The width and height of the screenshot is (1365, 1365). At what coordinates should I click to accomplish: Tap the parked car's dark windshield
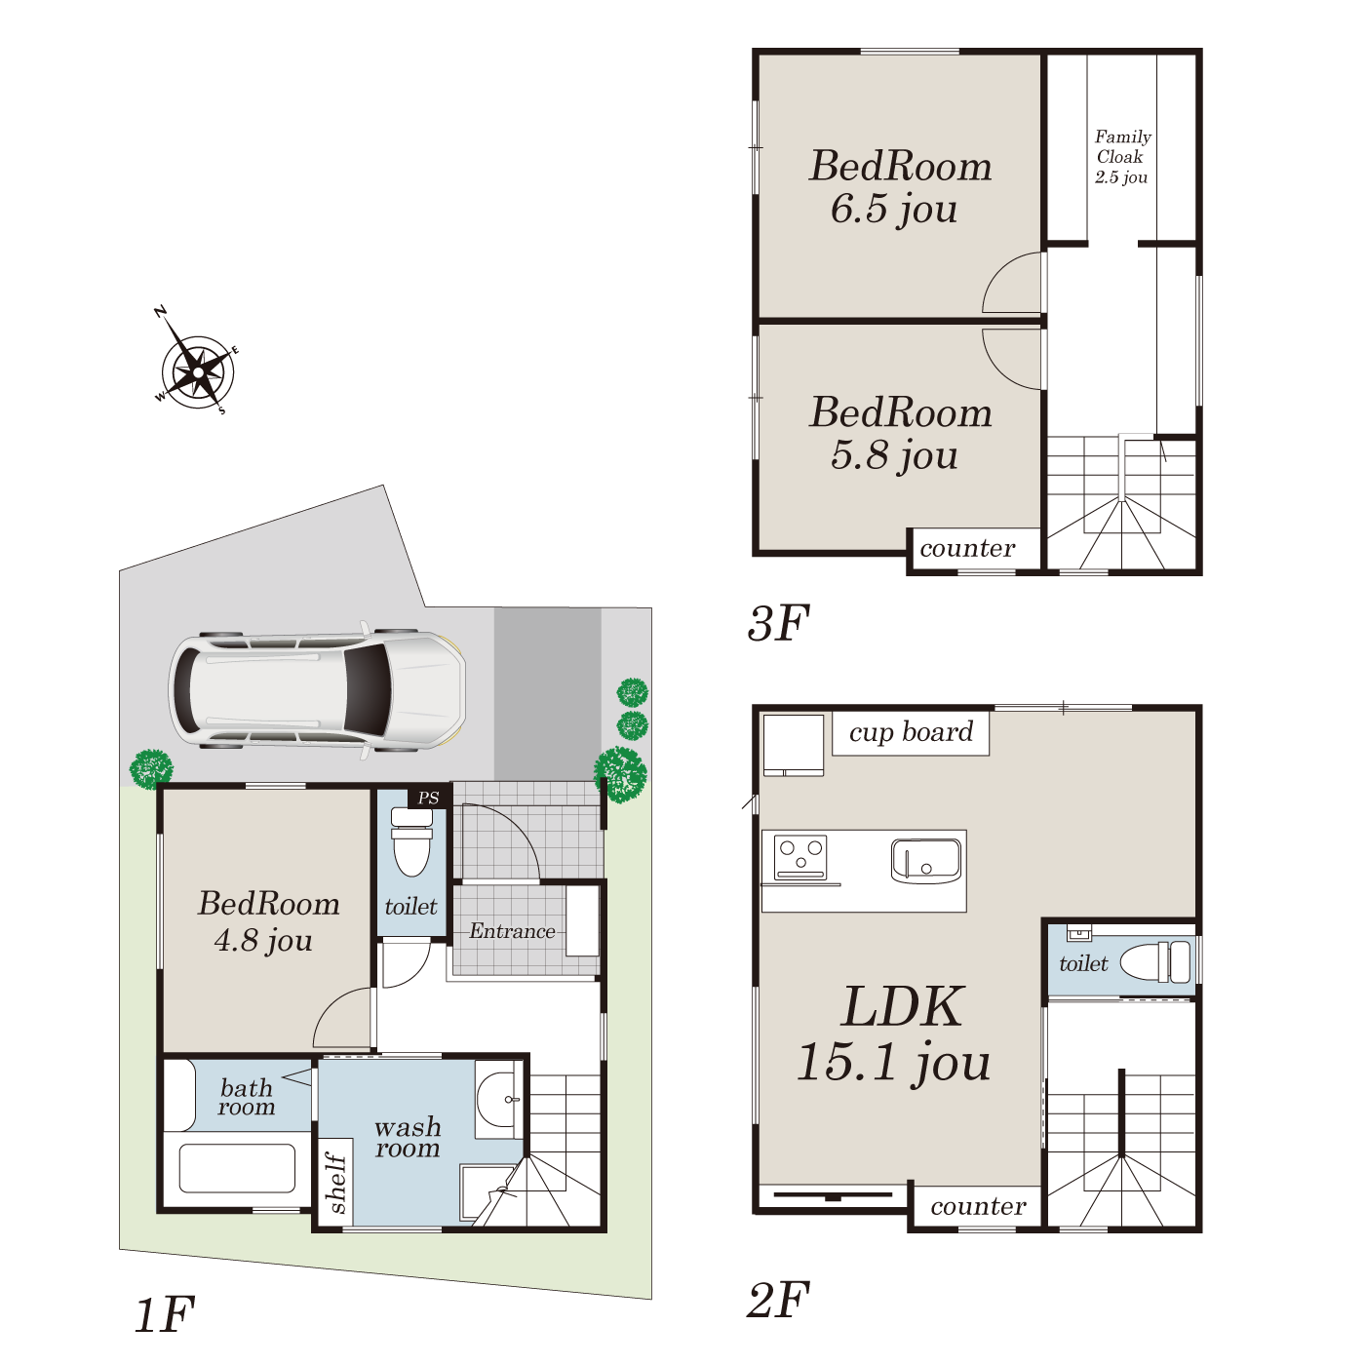(x=368, y=689)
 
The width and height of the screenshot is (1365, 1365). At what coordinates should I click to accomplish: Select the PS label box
(x=428, y=798)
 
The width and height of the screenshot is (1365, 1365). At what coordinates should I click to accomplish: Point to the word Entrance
(x=512, y=930)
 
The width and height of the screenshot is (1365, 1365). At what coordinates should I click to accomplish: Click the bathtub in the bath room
(x=237, y=1168)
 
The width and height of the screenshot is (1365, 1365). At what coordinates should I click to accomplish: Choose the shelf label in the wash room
(x=336, y=1183)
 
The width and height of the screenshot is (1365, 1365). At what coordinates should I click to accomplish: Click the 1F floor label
(x=165, y=1314)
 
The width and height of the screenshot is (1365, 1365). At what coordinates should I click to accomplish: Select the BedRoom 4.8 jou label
(x=268, y=920)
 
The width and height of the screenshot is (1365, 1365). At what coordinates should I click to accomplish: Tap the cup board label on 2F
(x=911, y=732)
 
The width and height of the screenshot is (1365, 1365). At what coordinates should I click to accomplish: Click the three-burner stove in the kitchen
(x=800, y=857)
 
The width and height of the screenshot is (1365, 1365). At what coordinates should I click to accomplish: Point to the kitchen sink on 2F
(x=926, y=861)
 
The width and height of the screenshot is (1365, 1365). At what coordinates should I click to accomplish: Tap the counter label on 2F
(x=978, y=1206)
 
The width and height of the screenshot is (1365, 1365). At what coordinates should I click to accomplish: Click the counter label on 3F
(x=967, y=548)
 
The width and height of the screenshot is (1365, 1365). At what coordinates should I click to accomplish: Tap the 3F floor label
(x=778, y=623)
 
